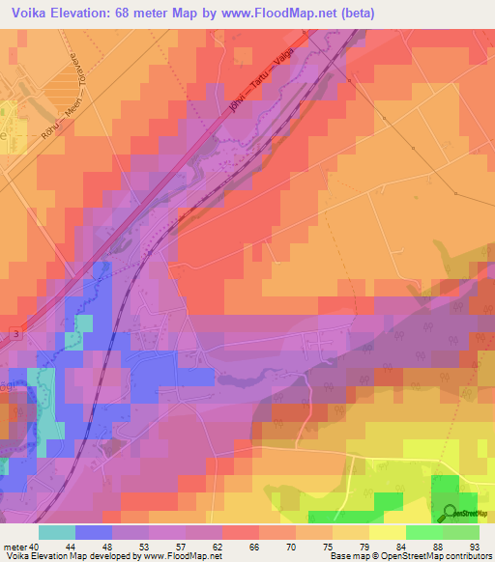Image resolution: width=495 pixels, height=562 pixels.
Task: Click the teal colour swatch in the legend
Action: [x=57, y=532]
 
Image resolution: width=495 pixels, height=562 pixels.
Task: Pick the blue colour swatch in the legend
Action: [x=94, y=532]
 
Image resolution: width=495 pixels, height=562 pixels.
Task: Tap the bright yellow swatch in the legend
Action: [x=388, y=532]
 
